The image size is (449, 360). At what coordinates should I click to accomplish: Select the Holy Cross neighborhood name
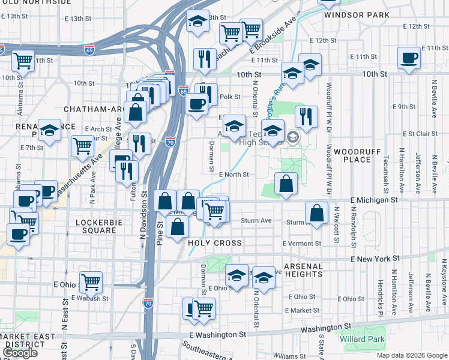215,244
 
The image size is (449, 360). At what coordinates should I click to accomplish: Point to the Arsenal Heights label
303,270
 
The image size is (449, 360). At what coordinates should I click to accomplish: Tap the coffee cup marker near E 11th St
409,58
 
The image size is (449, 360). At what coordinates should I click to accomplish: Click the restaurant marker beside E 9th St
306,117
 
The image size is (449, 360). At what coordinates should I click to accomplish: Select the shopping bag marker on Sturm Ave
316,212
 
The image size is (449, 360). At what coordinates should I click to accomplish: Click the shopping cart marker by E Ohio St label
91,281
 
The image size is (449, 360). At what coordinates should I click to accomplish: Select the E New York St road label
375,259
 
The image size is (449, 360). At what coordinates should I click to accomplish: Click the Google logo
21,353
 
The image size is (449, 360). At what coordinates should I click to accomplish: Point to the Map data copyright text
411,355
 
